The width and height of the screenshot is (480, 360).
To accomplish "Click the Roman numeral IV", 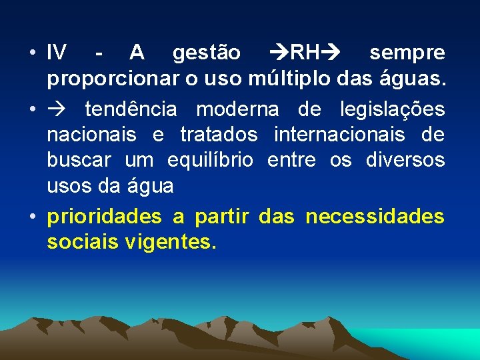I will click(x=57, y=52).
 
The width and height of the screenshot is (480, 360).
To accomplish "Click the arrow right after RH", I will click(x=333, y=52).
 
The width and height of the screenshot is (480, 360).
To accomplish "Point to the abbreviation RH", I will click(x=307, y=52).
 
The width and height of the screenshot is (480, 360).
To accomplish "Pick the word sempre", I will click(x=407, y=52).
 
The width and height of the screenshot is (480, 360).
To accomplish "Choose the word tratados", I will click(x=219, y=134).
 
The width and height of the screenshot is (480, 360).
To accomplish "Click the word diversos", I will click(x=405, y=160).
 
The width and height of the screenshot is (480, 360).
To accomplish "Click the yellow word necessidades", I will click(x=375, y=216).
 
